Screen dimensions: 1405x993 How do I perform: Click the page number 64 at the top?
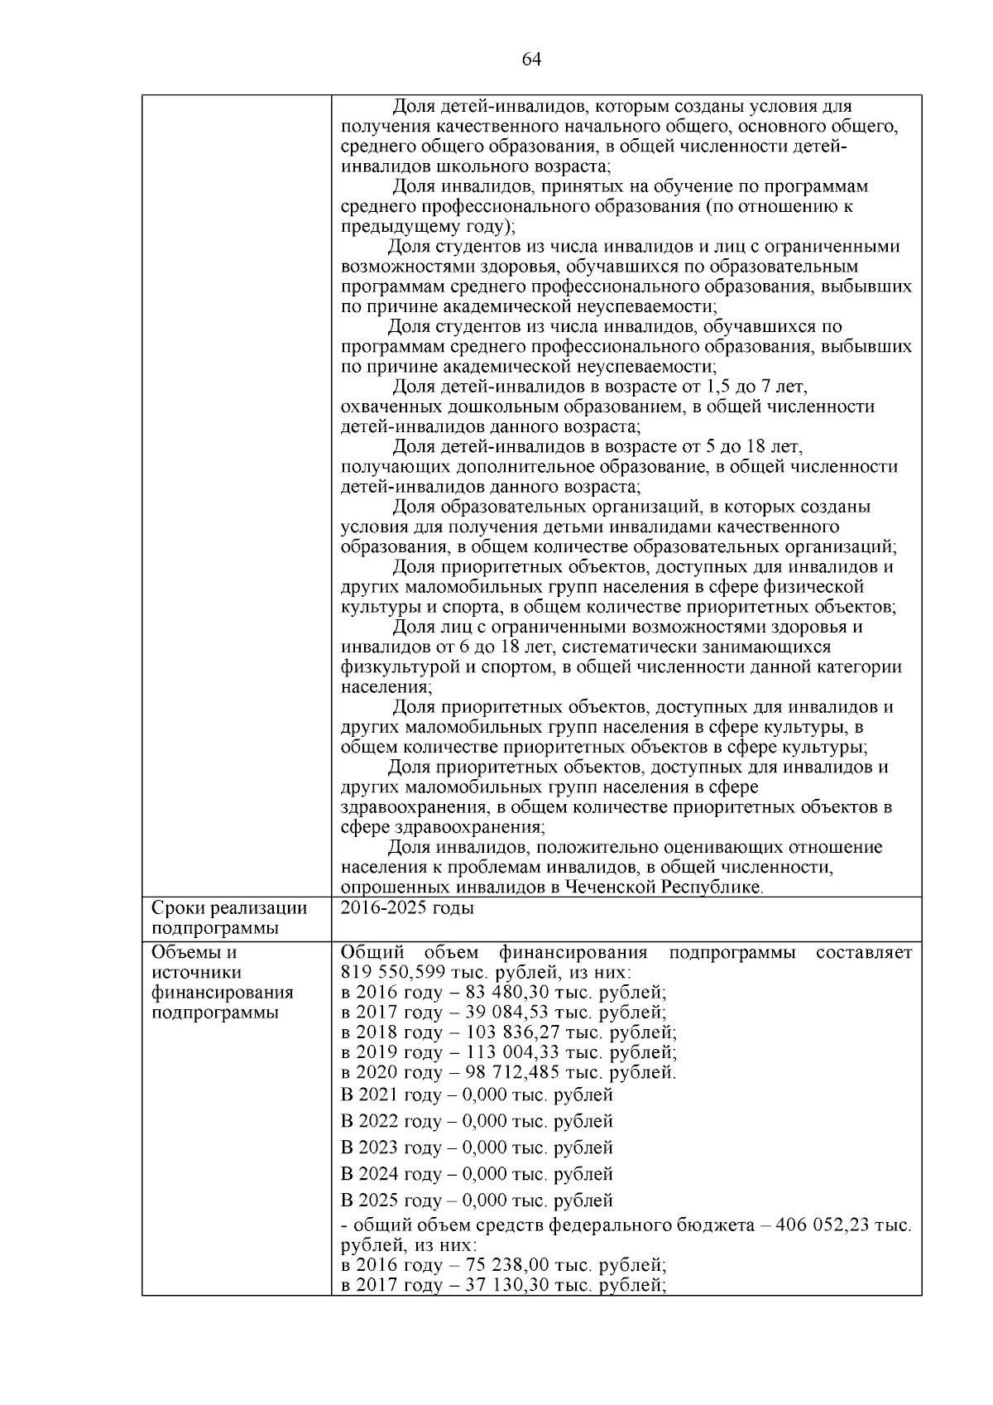click(531, 60)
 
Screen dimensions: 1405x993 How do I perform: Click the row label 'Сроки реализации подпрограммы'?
click(229, 918)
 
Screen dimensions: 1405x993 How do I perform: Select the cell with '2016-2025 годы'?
click(407, 908)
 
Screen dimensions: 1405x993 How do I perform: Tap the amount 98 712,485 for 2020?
click(494, 1072)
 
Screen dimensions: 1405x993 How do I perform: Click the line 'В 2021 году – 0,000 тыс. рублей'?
click(477, 1095)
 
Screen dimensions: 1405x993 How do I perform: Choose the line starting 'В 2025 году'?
click(477, 1201)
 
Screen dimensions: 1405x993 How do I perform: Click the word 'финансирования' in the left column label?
click(222, 992)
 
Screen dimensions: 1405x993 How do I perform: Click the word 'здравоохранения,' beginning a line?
click(407, 807)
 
